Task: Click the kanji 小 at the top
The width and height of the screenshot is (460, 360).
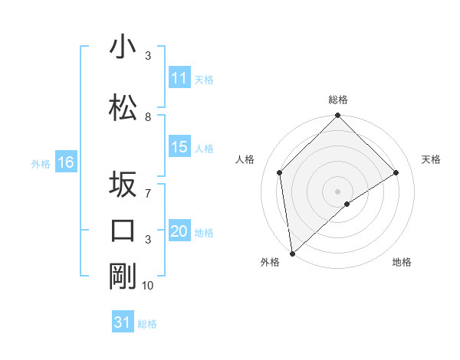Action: tap(123, 47)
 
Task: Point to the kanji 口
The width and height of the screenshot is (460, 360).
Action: tap(123, 230)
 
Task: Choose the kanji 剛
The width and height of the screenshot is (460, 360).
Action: tap(123, 276)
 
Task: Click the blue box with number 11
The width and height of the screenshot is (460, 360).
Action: tap(179, 78)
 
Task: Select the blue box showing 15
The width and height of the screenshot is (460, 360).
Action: tap(179, 147)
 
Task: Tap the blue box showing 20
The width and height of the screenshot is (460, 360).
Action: tap(179, 232)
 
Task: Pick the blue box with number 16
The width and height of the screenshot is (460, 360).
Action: tap(66, 162)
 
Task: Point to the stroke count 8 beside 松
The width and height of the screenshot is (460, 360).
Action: tap(148, 116)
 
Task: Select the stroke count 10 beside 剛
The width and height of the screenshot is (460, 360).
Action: tap(148, 285)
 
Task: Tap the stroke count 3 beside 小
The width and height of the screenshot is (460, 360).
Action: tap(148, 56)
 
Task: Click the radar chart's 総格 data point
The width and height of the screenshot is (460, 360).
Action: tap(337, 116)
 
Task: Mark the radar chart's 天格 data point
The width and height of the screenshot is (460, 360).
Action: tap(396, 172)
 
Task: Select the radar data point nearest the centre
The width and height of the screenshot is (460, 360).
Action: tap(347, 204)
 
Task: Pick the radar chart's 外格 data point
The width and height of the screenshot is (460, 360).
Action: tap(291, 254)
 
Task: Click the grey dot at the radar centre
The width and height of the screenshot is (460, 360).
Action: tap(337, 191)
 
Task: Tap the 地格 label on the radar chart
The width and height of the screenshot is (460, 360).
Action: tap(402, 263)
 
